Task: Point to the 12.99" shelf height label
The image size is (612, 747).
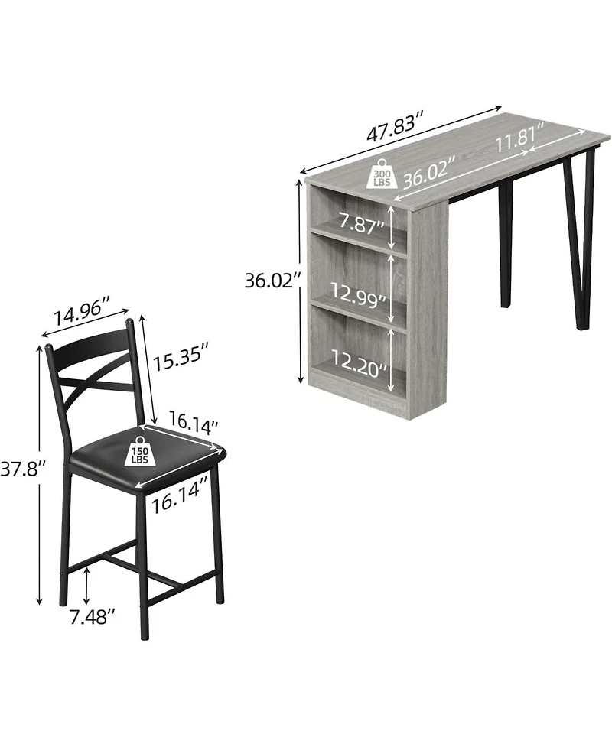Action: tap(357, 294)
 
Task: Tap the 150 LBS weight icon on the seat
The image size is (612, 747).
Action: tap(140, 452)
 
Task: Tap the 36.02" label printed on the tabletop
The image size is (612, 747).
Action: tap(429, 178)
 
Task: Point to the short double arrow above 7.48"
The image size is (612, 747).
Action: tap(89, 585)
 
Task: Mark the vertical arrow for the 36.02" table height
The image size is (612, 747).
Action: tap(298, 281)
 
